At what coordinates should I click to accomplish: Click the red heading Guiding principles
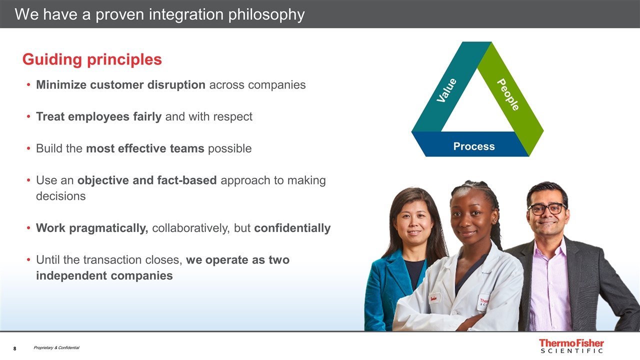tap(92, 59)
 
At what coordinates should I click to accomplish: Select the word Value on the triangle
tap(446, 90)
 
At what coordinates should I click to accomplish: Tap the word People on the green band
tap(508, 94)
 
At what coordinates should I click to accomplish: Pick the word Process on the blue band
tap(474, 146)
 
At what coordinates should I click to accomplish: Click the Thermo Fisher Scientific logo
tap(571, 346)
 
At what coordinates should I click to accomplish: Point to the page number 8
tap(15, 348)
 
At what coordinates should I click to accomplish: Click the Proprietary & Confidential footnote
tap(56, 347)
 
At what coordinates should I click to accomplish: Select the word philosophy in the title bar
tap(266, 15)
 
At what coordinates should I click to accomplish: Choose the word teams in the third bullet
tap(187, 148)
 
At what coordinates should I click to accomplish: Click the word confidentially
tap(292, 228)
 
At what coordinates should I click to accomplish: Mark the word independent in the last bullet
tap(71, 275)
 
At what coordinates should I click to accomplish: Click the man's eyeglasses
tap(547, 209)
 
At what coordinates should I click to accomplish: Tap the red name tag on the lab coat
tap(433, 299)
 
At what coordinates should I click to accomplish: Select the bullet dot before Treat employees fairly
tap(28, 116)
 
